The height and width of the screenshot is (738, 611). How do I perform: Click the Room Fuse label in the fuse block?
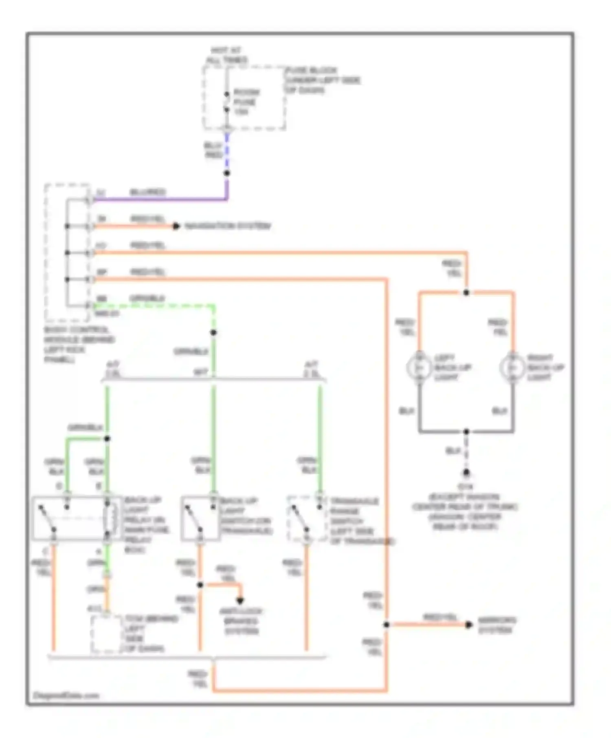246,102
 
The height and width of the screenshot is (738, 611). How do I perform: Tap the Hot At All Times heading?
226,55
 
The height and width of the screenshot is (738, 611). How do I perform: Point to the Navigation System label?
228,226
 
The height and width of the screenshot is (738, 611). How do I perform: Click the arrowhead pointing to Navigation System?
176,226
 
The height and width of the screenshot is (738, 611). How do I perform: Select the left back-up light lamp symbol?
419,367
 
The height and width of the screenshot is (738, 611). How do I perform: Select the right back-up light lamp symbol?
512,367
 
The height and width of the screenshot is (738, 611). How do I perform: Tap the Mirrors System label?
497,625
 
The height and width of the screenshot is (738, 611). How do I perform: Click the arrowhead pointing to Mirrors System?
469,625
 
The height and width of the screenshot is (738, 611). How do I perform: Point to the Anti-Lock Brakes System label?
241,621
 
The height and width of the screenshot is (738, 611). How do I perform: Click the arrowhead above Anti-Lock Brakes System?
240,600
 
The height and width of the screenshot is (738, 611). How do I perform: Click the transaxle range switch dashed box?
306,518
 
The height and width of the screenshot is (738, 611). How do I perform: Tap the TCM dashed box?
106,634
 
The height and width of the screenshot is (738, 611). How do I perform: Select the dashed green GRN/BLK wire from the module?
155,306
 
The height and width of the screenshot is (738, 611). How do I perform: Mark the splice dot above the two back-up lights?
466,293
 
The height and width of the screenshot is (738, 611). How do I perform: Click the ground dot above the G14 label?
466,473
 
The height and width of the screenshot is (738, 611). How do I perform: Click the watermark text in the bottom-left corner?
66,696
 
